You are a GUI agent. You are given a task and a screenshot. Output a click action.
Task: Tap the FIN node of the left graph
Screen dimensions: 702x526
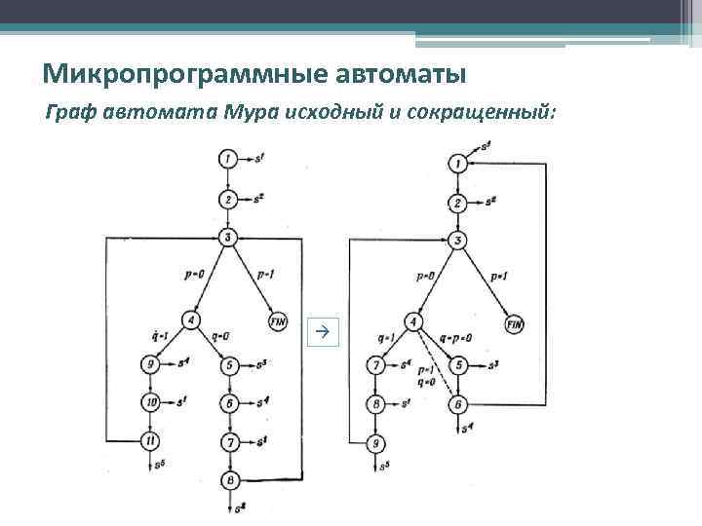(x=278, y=322)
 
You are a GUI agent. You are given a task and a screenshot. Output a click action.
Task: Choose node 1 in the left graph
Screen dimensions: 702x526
(x=227, y=158)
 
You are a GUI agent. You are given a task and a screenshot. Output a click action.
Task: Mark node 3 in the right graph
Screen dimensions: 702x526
(x=457, y=241)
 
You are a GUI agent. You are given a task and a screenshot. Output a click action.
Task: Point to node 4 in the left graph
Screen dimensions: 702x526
(x=191, y=319)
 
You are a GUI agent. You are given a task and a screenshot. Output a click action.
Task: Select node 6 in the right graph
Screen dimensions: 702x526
(x=457, y=403)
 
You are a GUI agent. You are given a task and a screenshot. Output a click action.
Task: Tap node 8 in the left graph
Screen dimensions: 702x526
(x=229, y=479)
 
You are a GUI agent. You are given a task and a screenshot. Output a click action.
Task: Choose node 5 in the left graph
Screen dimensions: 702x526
(x=229, y=366)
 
